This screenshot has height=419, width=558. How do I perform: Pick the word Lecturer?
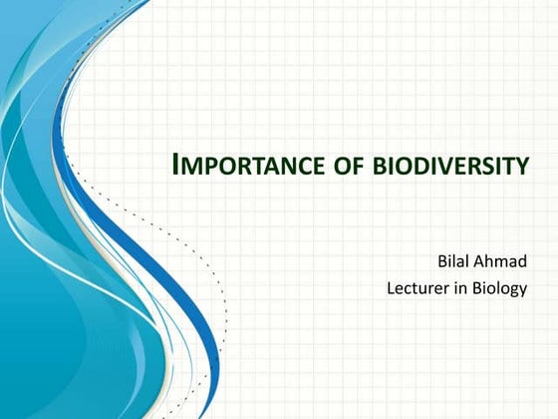pos(419,292)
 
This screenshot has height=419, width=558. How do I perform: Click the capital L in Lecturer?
pos(391,292)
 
